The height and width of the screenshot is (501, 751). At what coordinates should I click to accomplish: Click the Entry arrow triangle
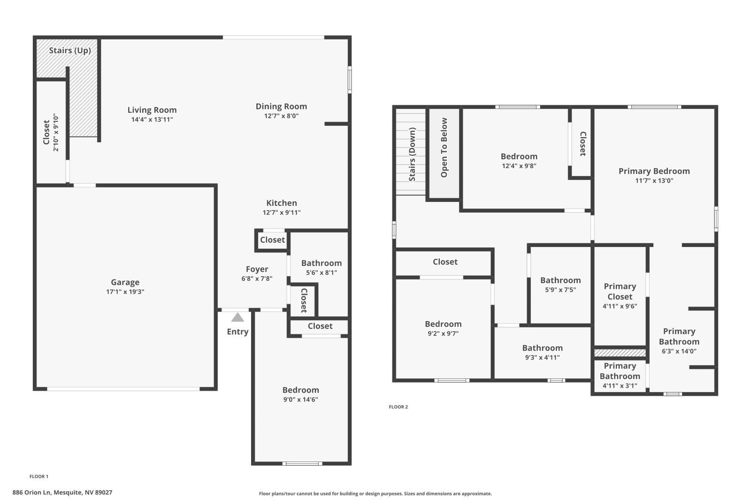point(238,318)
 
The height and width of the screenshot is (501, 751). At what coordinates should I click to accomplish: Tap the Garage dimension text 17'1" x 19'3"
point(125,292)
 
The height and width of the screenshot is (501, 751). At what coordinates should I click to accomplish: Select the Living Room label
point(152,110)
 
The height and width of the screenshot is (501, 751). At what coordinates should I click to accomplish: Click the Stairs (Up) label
point(70,50)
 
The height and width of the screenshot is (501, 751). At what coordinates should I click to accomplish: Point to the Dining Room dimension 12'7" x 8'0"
point(281,116)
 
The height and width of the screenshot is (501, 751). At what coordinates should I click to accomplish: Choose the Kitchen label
point(282,203)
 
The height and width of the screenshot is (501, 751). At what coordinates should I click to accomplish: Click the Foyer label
point(257,269)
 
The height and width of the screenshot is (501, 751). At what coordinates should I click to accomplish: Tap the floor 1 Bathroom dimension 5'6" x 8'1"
point(322,273)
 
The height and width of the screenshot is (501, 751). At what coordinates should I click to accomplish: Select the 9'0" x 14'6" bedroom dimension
point(300,400)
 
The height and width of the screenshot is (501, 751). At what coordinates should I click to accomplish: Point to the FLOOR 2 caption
point(398,407)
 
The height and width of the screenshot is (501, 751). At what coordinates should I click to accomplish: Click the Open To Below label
point(444,147)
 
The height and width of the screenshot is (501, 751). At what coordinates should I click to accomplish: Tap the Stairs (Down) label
point(413,154)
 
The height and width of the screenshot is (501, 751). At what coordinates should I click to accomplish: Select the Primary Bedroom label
point(654,171)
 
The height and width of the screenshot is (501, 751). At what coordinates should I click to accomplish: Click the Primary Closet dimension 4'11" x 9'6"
point(620,306)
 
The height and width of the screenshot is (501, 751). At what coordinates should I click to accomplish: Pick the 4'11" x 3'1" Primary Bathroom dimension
point(620,386)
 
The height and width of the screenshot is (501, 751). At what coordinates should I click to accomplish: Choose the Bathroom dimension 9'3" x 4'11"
point(542,357)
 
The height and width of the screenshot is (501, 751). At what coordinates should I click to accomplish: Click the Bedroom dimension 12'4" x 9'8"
point(519,166)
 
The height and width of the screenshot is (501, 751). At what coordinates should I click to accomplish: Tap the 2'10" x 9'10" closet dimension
point(56,132)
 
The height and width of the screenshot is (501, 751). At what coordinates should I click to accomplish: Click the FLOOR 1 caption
point(39,477)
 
